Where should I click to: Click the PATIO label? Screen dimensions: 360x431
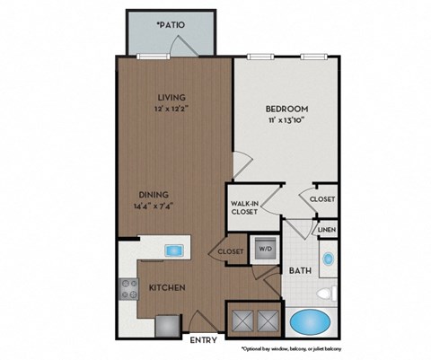coord(170,25)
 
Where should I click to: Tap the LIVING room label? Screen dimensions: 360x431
coord(171,97)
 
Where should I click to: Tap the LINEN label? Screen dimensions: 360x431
coord(326,231)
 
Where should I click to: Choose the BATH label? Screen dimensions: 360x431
coord(299,268)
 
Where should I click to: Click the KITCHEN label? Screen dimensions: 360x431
coord(168,288)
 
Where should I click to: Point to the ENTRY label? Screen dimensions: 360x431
coord(201,340)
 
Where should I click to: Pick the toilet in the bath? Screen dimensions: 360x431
coord(330,290)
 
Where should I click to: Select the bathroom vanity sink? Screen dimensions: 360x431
coord(328,259)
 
